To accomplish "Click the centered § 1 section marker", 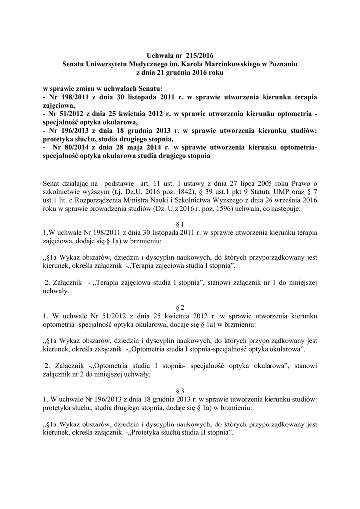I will pos(180,224).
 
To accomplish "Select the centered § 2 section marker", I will pos(180,307).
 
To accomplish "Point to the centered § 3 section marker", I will pos(180,390).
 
